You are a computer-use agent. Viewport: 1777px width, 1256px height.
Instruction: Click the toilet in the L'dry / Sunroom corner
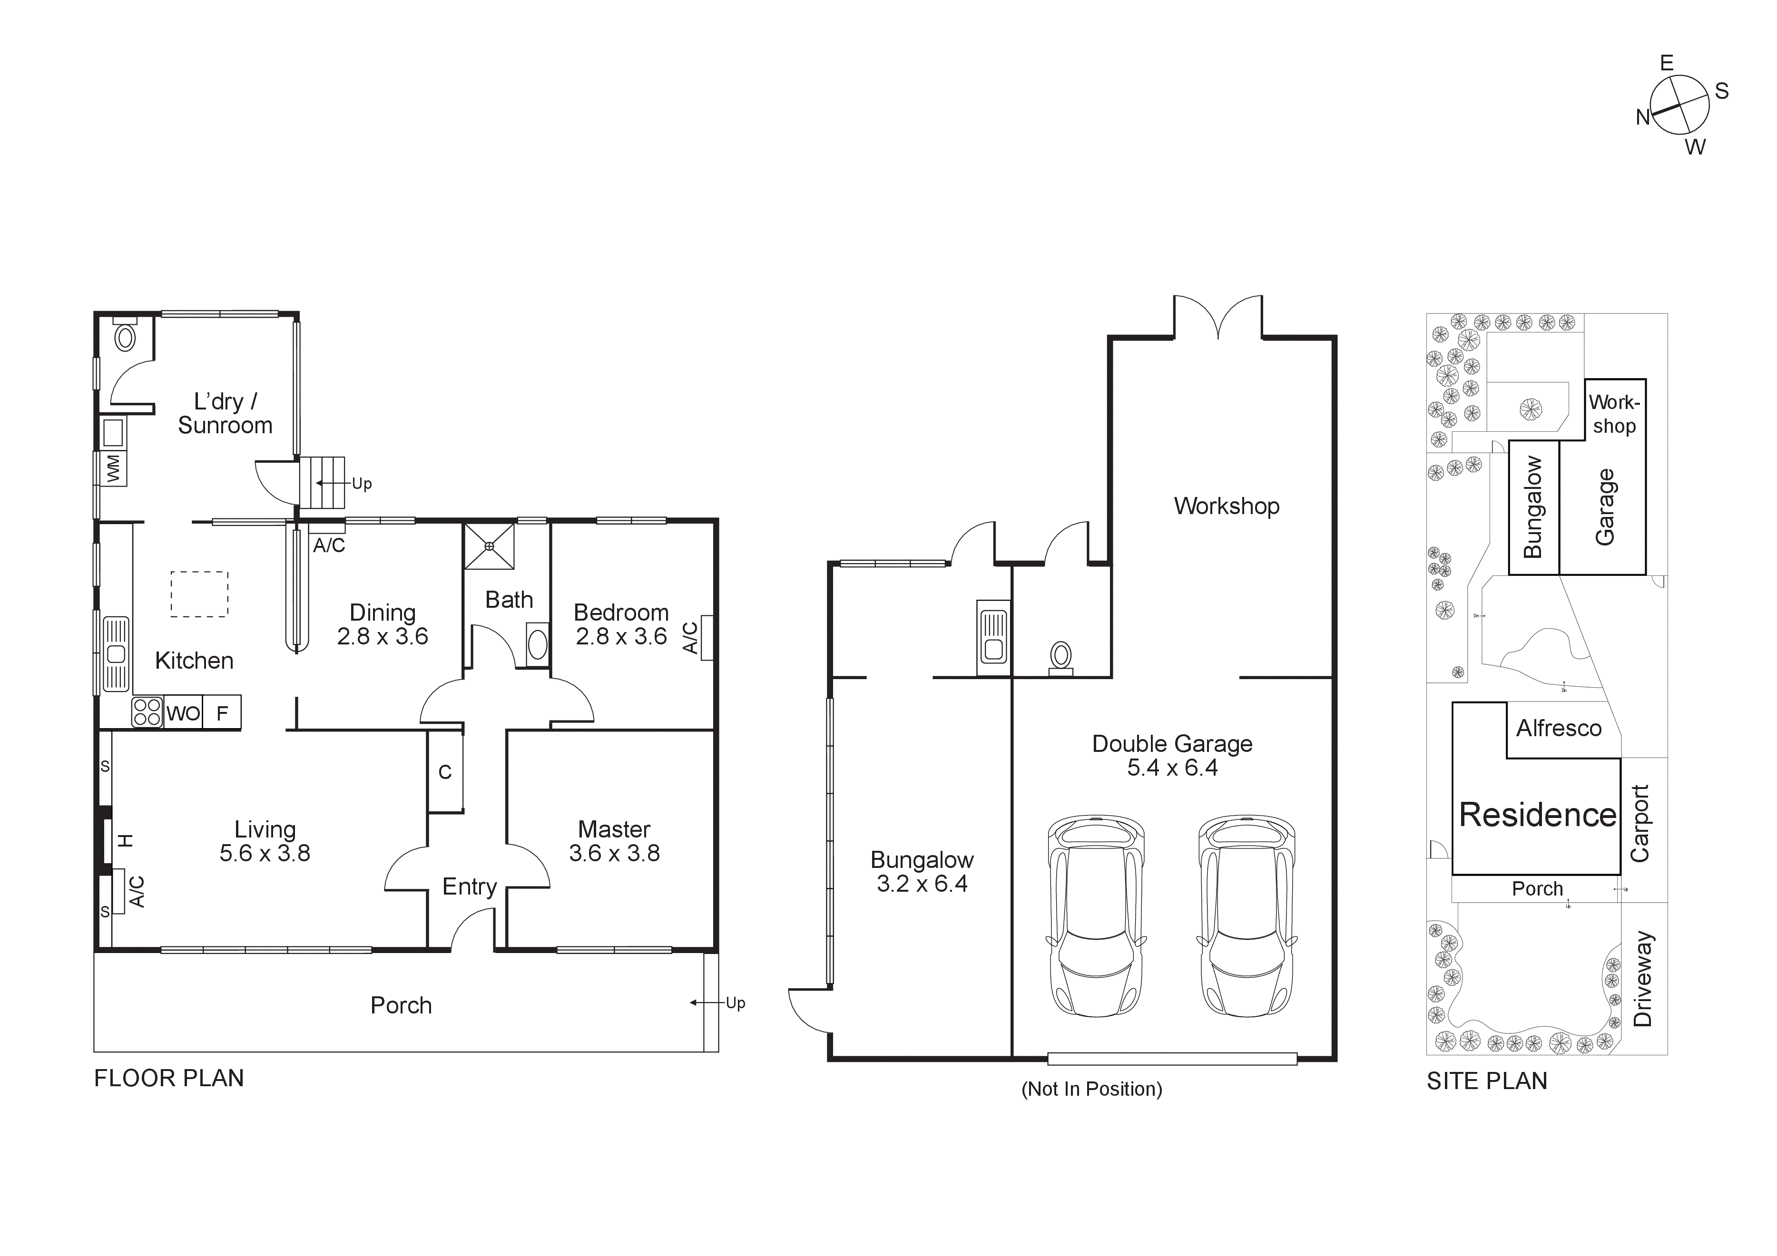[125, 337]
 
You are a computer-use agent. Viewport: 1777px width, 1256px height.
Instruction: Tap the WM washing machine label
[114, 468]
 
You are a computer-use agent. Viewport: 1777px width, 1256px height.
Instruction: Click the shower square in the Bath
[488, 546]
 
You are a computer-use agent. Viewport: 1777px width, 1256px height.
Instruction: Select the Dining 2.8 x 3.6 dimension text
[383, 636]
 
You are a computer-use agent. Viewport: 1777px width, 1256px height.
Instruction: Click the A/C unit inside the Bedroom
[706, 638]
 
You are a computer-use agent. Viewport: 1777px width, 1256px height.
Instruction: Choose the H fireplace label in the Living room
[126, 840]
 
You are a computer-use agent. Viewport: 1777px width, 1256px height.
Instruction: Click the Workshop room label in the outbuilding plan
[1226, 506]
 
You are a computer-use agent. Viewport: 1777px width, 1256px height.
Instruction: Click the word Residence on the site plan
[1537, 815]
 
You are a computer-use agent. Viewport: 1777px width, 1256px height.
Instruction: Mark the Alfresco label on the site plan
[1558, 728]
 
